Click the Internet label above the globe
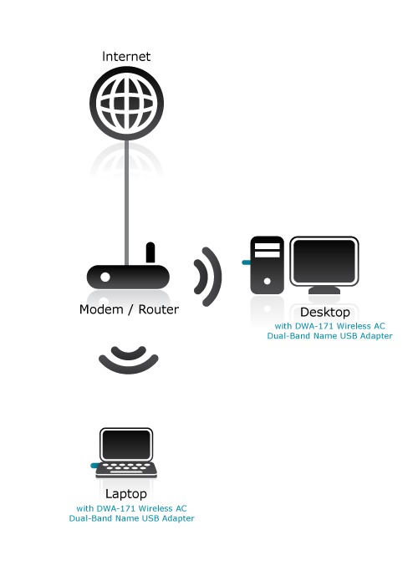pyautogui.click(x=126, y=57)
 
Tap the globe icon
pyautogui.click(x=126, y=104)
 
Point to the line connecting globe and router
pyautogui.click(x=126, y=202)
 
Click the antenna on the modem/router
pyautogui.click(x=150, y=252)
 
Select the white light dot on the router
pyautogui.click(x=105, y=277)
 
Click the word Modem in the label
pyautogui.click(x=101, y=309)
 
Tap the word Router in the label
pyautogui.click(x=159, y=309)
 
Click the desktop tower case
pyautogui.click(x=267, y=265)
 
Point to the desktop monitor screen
pyautogui.click(x=324, y=261)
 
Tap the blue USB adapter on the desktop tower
pyautogui.click(x=247, y=262)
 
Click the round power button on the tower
pyautogui.click(x=267, y=281)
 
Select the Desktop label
pyautogui.click(x=325, y=312)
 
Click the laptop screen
pyautogui.click(x=126, y=445)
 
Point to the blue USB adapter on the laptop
pyautogui.click(x=95, y=466)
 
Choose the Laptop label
pyautogui.click(x=126, y=494)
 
